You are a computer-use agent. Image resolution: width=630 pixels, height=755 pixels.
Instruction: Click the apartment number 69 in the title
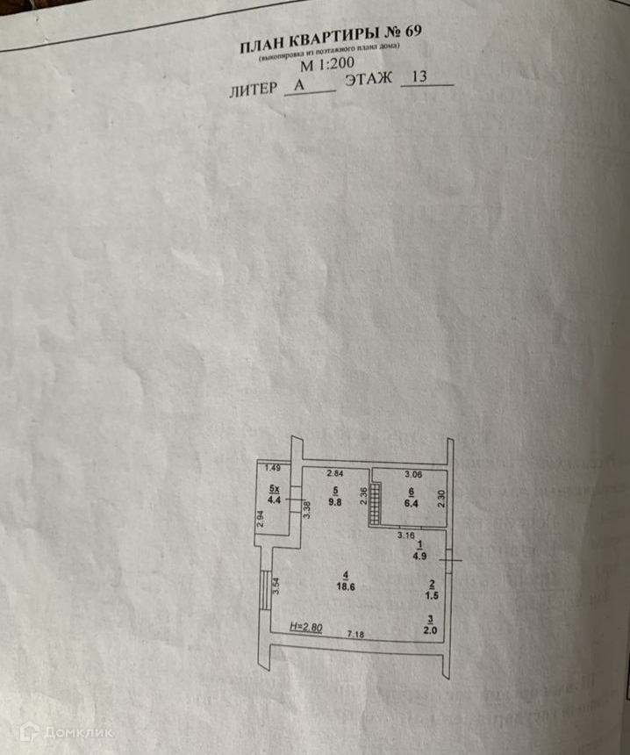(412, 32)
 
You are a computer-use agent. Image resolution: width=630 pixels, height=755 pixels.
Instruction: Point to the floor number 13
(418, 78)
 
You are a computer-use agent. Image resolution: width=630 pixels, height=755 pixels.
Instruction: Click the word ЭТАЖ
(368, 81)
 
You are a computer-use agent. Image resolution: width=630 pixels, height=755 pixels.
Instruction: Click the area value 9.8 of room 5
(335, 502)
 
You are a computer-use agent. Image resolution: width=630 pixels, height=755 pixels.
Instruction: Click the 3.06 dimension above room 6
(412, 475)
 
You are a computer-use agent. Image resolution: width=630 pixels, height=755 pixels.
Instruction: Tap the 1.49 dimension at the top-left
(273, 467)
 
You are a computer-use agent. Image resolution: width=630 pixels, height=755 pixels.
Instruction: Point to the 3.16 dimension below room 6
(405, 534)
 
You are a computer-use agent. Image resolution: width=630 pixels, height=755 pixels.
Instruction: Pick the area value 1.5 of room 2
(431, 595)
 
